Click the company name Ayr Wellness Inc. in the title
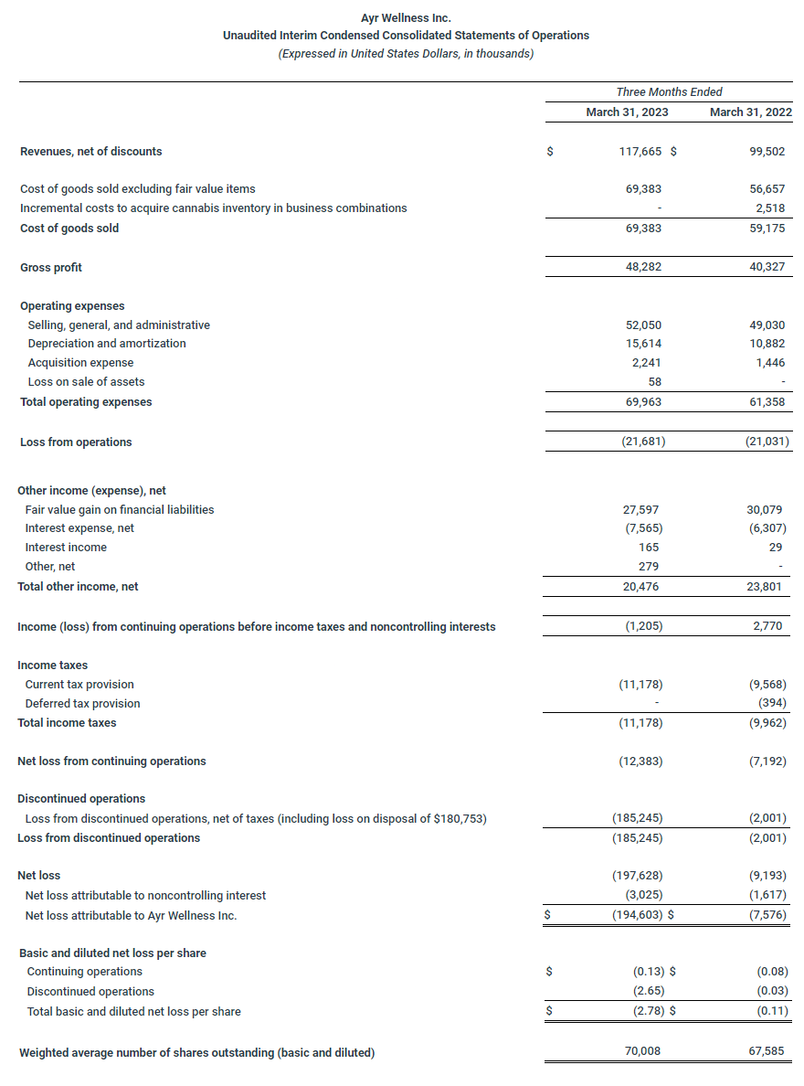(x=406, y=17)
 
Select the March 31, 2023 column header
(x=627, y=112)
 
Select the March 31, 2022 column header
(x=751, y=112)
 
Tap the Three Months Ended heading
(x=669, y=91)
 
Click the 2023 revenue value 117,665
(x=640, y=152)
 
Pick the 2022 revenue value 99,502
(x=767, y=152)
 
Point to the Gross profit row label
(x=51, y=268)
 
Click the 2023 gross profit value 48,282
(x=642, y=268)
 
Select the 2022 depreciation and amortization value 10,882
(x=767, y=344)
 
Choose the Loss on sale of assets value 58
(x=654, y=382)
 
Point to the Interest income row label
(x=66, y=548)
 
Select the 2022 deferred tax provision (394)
(x=770, y=704)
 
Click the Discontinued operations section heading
(x=81, y=799)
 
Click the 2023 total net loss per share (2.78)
(x=648, y=1011)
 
